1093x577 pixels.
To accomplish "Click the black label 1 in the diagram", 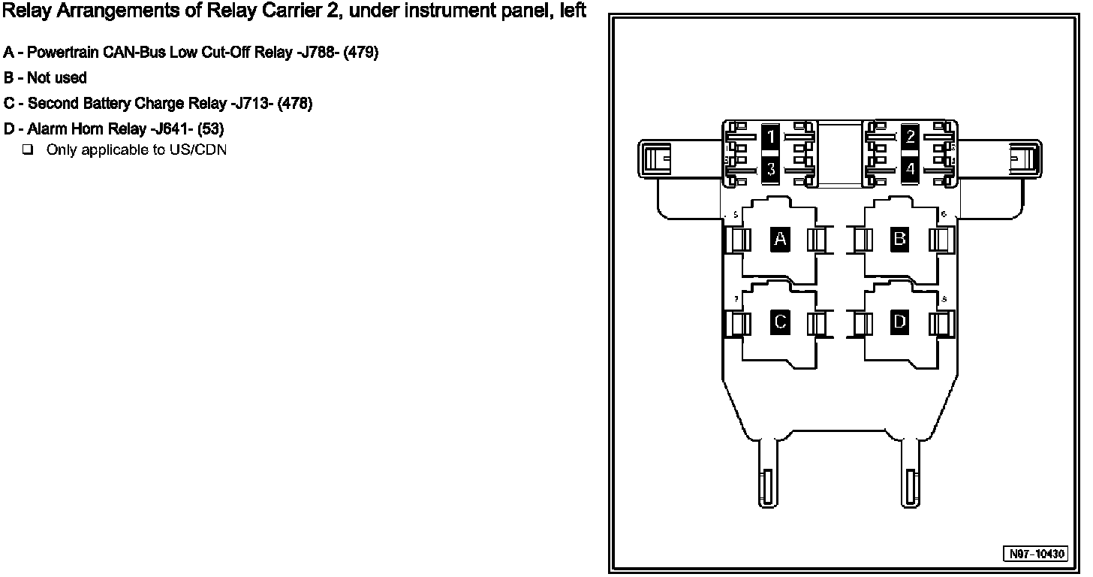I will [x=770, y=137].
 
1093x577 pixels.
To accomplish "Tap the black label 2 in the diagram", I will [x=911, y=137].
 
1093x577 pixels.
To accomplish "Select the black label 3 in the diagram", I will [x=770, y=169].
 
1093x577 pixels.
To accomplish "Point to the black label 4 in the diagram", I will [x=911, y=169].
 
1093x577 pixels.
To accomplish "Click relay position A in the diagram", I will [x=780, y=240].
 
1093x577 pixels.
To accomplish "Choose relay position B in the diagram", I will [x=899, y=240].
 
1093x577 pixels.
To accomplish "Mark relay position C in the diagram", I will [x=780, y=322].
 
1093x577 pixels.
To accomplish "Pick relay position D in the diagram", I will [x=899, y=322].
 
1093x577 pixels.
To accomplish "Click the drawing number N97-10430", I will [x=1037, y=554].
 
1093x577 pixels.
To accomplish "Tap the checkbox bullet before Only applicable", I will [x=28, y=150].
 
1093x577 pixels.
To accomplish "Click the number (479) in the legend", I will [x=361, y=53].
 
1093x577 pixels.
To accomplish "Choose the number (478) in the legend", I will [x=295, y=104].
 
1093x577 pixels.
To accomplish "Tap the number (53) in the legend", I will [x=211, y=129].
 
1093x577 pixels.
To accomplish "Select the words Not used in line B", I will [x=57, y=78].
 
